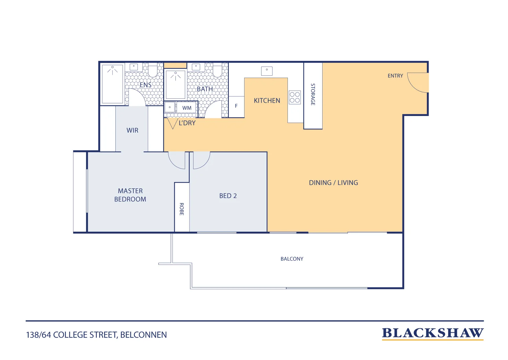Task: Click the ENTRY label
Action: (395, 76)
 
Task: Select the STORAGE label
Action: (313, 94)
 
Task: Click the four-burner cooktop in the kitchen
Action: (295, 97)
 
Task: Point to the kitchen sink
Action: (267, 71)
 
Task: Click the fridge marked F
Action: (236, 107)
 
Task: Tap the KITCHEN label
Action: (267, 101)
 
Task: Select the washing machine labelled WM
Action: (186, 108)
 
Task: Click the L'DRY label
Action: (187, 123)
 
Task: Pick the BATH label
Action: (205, 89)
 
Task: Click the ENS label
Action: (145, 85)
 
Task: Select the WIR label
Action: (132, 130)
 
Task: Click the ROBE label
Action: (182, 209)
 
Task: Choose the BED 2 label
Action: (228, 196)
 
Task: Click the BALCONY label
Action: (292, 259)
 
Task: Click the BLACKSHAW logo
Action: (433, 334)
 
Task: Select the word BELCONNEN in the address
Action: (143, 335)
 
